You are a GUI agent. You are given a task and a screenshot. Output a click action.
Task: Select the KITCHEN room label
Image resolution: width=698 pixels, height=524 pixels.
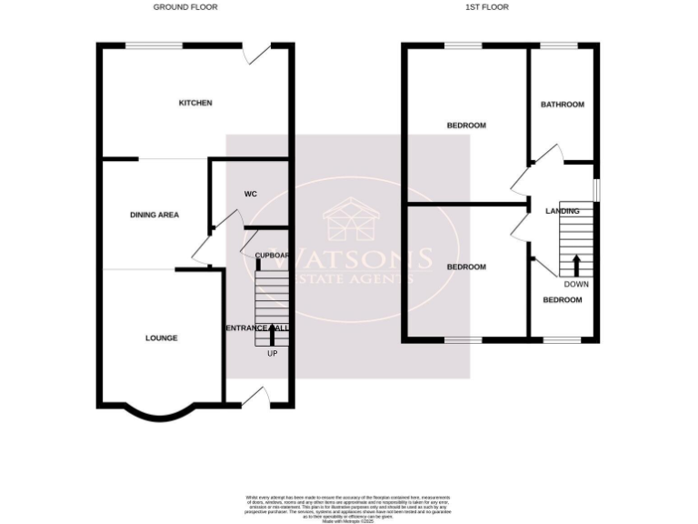(x=194, y=103)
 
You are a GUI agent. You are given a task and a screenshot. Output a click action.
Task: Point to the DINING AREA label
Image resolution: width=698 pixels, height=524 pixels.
(x=155, y=216)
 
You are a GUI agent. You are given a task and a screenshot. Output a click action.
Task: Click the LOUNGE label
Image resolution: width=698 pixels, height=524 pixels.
(x=162, y=338)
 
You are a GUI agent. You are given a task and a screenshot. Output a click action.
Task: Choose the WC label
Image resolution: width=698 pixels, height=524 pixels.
(x=251, y=195)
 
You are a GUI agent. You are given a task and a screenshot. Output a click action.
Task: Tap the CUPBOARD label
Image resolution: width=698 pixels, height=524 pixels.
(x=271, y=256)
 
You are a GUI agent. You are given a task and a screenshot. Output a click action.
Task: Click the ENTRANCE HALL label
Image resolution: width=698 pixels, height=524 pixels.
(x=257, y=327)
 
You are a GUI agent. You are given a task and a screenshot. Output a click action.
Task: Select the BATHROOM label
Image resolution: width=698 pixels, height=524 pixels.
(x=563, y=105)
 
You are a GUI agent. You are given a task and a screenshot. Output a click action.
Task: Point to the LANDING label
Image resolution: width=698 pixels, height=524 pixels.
(x=562, y=211)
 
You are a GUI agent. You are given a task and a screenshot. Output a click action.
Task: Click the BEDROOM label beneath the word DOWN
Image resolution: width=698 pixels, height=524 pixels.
(x=563, y=300)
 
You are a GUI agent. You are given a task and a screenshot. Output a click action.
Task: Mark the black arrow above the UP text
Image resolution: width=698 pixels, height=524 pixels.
(x=272, y=337)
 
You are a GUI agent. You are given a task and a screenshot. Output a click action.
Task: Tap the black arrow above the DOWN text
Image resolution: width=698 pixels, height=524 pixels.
(x=575, y=266)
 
